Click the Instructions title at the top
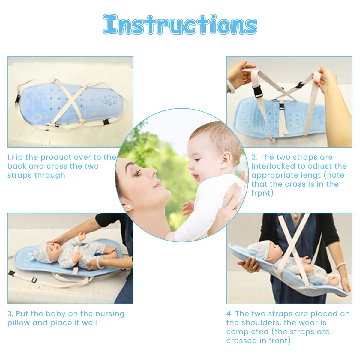click(x=180, y=25)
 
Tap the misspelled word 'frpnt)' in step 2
click(x=262, y=193)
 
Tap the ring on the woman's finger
click(x=236, y=209)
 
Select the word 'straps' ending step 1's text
click(x=19, y=175)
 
